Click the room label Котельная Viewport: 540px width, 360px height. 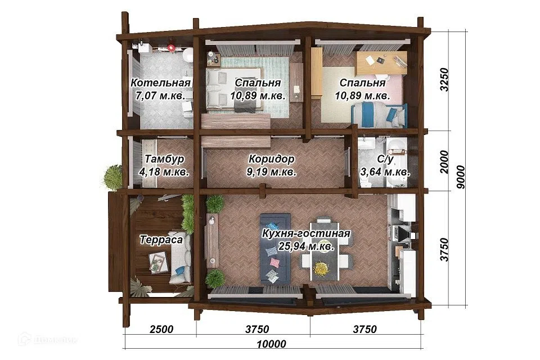(x=160, y=83)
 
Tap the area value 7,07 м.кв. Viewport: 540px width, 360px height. (x=160, y=96)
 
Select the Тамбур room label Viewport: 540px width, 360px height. (x=164, y=159)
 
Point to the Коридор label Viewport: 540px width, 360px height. (x=271, y=159)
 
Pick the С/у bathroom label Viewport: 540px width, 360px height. (x=385, y=159)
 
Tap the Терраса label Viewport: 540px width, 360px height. (x=161, y=240)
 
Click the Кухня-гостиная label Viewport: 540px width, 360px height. (x=306, y=233)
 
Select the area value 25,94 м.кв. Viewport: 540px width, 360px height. (x=306, y=246)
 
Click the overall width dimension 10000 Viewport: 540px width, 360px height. (x=271, y=344)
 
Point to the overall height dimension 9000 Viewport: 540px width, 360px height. (x=460, y=177)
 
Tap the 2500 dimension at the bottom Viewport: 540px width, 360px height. (x=161, y=329)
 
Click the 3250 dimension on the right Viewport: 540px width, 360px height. (x=444, y=79)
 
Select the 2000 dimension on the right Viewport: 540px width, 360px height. (x=444, y=161)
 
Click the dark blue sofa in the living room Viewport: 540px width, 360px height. (x=275, y=249)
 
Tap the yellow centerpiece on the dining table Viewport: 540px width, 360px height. (x=321, y=268)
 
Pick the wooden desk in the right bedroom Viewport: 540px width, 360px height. (x=382, y=62)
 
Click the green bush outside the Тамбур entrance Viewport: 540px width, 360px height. (x=113, y=177)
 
